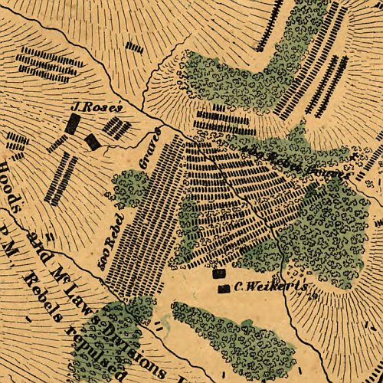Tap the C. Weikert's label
(270, 286)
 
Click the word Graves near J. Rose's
(152, 149)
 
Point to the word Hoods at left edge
(10, 187)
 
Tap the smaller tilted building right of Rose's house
(93, 141)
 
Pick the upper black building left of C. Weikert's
(220, 273)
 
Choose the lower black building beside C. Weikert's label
(224, 289)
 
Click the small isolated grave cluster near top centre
(135, 47)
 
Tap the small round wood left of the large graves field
(131, 187)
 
